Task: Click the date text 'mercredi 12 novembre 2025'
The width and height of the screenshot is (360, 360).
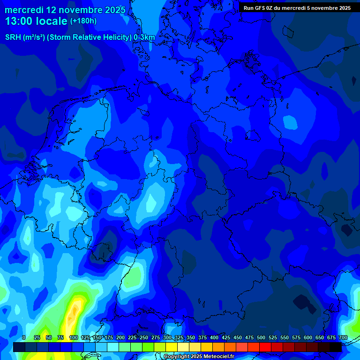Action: pyautogui.click(x=65, y=10)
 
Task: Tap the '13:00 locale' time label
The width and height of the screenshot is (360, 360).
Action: pyautogui.click(x=37, y=21)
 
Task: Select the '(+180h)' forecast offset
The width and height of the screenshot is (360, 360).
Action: pyautogui.click(x=83, y=21)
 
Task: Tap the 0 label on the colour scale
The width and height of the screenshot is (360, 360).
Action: pyautogui.click(x=24, y=337)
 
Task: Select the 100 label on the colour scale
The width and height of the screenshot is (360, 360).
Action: pyautogui.click(x=74, y=337)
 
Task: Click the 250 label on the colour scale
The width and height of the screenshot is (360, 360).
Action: pyautogui.click(x=144, y=337)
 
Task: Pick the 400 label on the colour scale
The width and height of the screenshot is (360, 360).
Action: pyautogui.click(x=214, y=337)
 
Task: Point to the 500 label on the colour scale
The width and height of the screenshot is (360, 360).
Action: pyautogui.click(x=261, y=337)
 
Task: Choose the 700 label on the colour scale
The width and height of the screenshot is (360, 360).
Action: pyautogui.click(x=343, y=337)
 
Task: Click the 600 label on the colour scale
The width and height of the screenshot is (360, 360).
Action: pyautogui.click(x=308, y=337)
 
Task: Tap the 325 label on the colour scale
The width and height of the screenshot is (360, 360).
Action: pyautogui.click(x=179, y=337)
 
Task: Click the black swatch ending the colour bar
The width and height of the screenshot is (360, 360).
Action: pyautogui.click(x=336, y=347)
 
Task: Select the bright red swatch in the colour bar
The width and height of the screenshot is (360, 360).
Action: pyautogui.click(x=265, y=347)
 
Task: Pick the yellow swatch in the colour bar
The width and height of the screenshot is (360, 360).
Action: pyautogui.click(x=172, y=347)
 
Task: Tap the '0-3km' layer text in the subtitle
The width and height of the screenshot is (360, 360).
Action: pyautogui.click(x=144, y=37)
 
